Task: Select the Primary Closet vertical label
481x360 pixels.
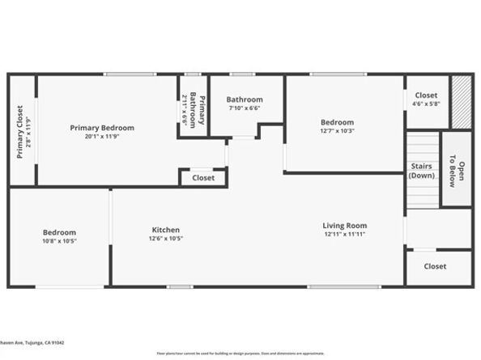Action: point(20,132)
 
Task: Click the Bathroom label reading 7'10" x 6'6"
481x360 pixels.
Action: point(244,100)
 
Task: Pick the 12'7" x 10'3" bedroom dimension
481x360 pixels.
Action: point(338,131)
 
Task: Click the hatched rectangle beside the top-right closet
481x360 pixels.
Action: point(461,102)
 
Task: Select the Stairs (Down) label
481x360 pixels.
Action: point(421,171)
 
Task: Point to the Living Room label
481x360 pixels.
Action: point(345,226)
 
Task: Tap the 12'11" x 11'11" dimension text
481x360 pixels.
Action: point(345,235)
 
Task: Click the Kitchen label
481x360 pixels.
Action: point(165,230)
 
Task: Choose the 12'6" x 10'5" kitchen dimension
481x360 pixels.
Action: point(165,239)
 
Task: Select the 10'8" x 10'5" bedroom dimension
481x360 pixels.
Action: point(60,241)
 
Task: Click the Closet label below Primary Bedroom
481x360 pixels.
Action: point(203,178)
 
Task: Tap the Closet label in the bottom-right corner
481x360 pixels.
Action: point(435,266)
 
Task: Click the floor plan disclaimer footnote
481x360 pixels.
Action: point(240,354)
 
